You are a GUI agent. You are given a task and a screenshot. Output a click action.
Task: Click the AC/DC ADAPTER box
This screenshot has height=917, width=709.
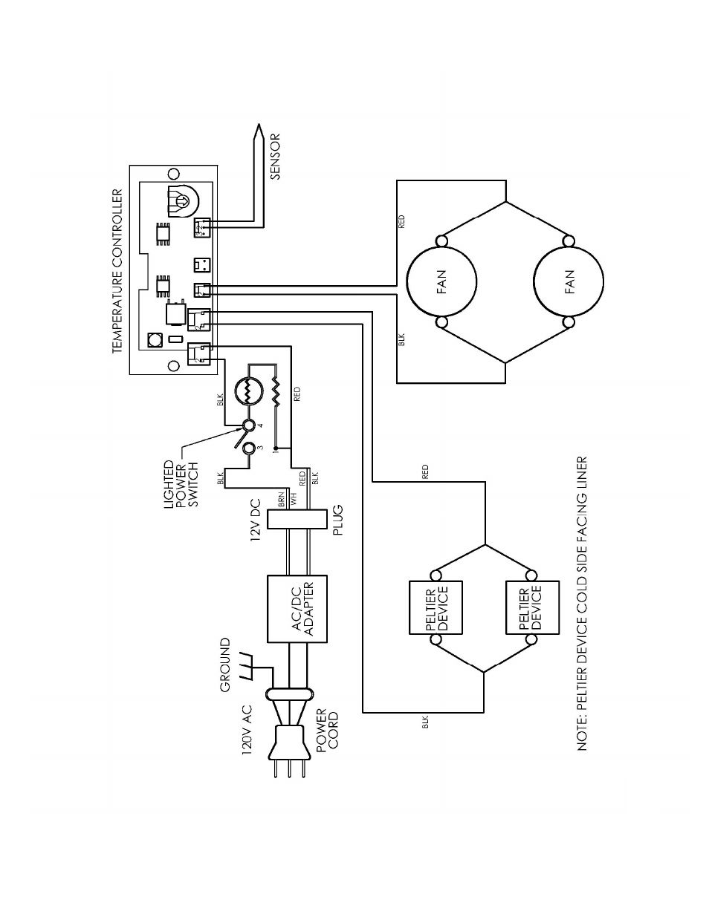coord(297,608)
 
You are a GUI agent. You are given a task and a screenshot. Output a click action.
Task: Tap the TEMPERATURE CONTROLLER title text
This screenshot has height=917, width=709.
coord(117,271)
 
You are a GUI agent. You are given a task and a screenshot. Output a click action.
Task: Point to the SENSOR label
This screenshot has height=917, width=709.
coord(275,157)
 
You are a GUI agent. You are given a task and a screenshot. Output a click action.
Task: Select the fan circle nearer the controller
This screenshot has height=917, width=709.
coord(441,281)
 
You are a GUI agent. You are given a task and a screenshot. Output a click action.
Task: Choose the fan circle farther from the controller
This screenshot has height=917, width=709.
coord(569,281)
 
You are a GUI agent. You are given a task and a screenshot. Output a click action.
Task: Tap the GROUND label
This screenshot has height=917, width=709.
coord(225,665)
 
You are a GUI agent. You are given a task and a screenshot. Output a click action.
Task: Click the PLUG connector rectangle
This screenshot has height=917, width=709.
coord(298,519)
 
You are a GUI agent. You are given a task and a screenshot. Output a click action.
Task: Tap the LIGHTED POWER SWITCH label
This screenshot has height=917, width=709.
coord(181,483)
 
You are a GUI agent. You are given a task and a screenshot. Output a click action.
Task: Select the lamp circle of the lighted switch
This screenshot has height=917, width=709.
coord(248,391)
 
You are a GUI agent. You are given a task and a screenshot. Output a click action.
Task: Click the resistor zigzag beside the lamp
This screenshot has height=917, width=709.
coord(276,392)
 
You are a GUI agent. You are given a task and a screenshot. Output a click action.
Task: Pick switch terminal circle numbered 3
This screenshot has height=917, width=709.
coord(248,447)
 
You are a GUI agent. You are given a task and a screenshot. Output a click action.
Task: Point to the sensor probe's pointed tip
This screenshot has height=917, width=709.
coord(259,124)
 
